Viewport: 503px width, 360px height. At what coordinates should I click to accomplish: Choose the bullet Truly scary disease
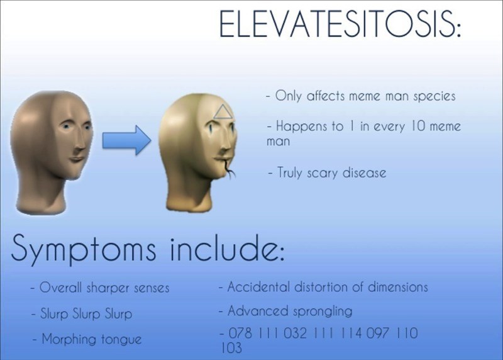click(x=325, y=172)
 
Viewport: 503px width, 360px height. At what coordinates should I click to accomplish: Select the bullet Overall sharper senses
click(x=99, y=288)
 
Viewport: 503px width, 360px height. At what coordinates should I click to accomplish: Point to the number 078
click(x=239, y=332)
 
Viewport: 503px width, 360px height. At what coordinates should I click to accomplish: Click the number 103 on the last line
click(x=231, y=347)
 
